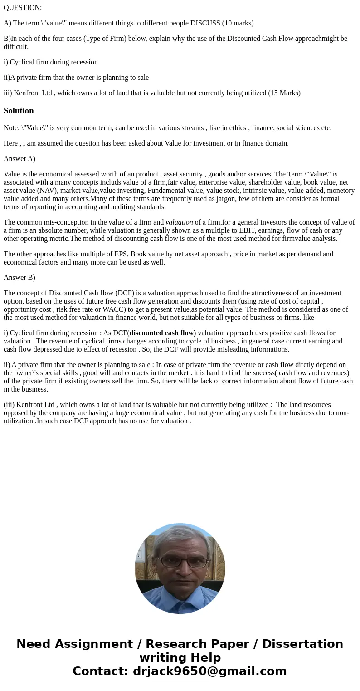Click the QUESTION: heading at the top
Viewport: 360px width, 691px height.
tap(23, 8)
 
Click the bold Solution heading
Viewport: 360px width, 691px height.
tap(19, 111)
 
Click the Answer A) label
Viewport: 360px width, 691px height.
tap(19, 159)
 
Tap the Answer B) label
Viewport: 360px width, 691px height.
tap(19, 278)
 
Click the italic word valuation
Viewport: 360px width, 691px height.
tap(179, 222)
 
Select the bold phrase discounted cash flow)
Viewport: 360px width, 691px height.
tap(163, 333)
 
